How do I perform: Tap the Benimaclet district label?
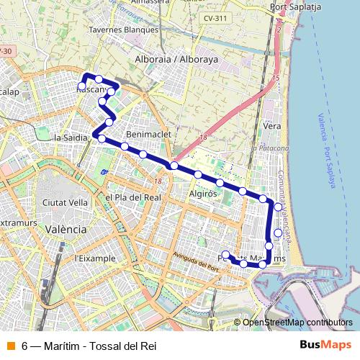(146, 135)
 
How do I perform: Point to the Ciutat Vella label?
(65, 203)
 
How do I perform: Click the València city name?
(65, 228)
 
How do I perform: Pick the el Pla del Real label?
(132, 197)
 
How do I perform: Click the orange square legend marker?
(11, 344)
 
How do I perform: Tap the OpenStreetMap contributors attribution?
(297, 323)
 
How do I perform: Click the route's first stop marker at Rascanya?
(82, 86)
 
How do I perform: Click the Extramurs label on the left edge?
(17, 224)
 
